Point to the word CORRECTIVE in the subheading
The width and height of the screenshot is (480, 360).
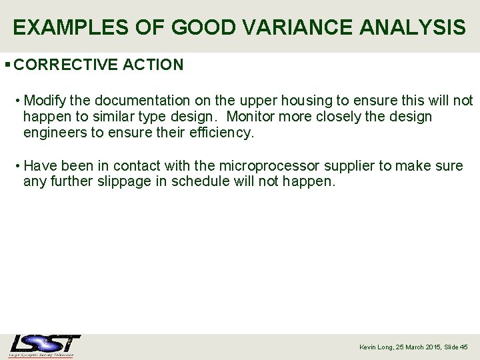[67, 65]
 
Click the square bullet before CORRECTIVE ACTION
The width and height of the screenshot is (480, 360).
[7, 65]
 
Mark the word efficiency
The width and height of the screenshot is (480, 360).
[220, 133]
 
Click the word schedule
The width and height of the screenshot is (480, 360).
[201, 181]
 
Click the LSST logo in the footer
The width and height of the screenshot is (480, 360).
[45, 345]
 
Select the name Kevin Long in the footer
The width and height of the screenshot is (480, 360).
[376, 347]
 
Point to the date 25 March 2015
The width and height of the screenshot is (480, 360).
[418, 347]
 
